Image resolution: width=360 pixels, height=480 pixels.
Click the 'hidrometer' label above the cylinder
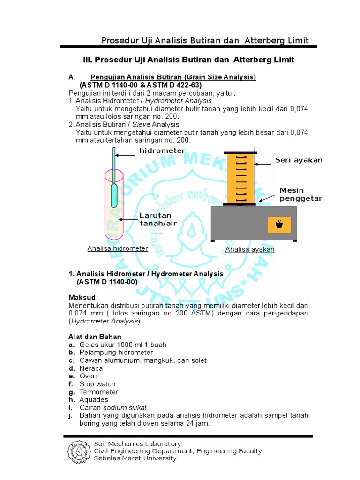pyautogui.click(x=162, y=150)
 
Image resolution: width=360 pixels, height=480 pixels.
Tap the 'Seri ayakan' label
pyautogui.click(x=299, y=160)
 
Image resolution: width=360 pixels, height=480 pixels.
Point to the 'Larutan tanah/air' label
pyautogui.click(x=158, y=219)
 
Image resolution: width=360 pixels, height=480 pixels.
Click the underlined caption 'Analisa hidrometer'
pyautogui.click(x=118, y=248)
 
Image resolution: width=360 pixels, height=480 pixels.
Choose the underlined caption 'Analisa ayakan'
pyautogui.click(x=250, y=249)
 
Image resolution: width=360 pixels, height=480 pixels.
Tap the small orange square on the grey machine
pyautogui.click(x=279, y=225)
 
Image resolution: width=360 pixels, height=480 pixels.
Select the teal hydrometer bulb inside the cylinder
pyautogui.click(x=114, y=195)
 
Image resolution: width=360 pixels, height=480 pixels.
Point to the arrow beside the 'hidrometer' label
pyautogui.click(x=126, y=155)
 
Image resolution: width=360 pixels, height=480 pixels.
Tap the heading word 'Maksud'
pyautogui.click(x=82, y=298)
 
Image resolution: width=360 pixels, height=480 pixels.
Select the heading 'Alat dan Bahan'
pyautogui.click(x=95, y=337)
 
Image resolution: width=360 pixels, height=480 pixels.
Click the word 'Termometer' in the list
pyautogui.click(x=99, y=392)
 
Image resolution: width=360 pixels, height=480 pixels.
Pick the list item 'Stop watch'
pyautogui.click(x=97, y=384)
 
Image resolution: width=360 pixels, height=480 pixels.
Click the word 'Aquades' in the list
pyautogui.click(x=94, y=400)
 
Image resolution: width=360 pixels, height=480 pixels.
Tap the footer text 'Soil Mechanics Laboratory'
pyautogui.click(x=137, y=444)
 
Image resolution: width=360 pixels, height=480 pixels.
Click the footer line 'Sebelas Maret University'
pyautogui.click(x=135, y=458)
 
